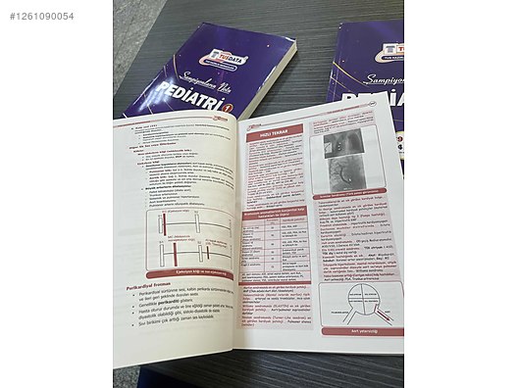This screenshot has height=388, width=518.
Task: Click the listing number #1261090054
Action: tap(41, 16)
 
